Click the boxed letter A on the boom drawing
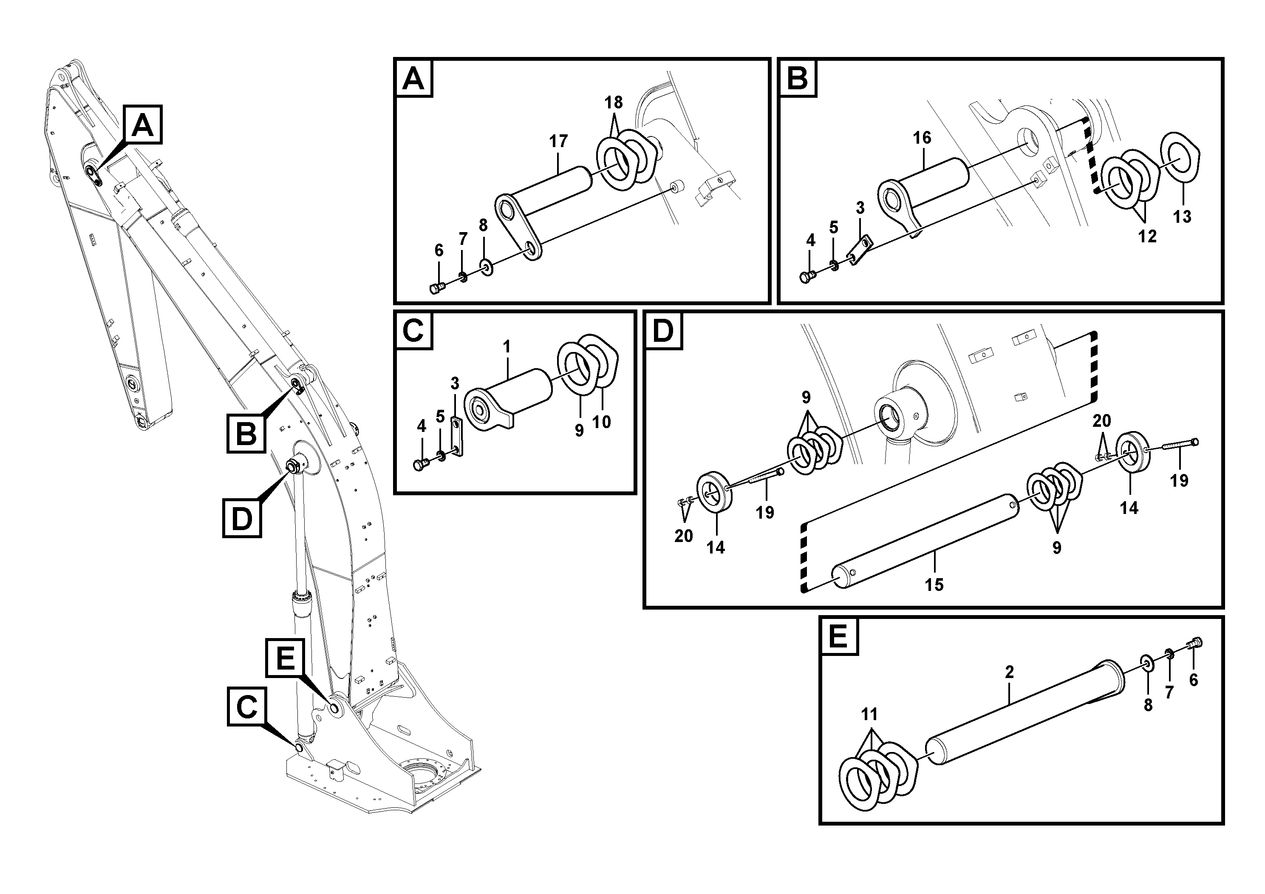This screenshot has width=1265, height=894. click(x=143, y=125)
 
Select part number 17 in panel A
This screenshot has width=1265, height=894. click(x=558, y=142)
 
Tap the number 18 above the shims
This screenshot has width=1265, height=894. click(x=613, y=102)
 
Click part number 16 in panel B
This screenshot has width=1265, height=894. click(x=922, y=138)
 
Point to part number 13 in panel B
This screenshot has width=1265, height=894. click(x=1182, y=217)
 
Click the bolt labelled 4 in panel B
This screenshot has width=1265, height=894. click(x=807, y=277)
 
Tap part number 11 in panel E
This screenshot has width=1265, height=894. click(x=869, y=715)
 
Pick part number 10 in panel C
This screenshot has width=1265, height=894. click(x=602, y=422)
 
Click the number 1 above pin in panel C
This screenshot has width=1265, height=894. click(x=507, y=347)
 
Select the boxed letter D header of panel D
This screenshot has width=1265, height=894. click(x=663, y=331)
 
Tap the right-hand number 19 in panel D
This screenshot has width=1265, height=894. click(x=1179, y=481)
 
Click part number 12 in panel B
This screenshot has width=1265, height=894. click(x=1147, y=236)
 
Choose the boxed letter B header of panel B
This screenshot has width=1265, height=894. click(x=798, y=78)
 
